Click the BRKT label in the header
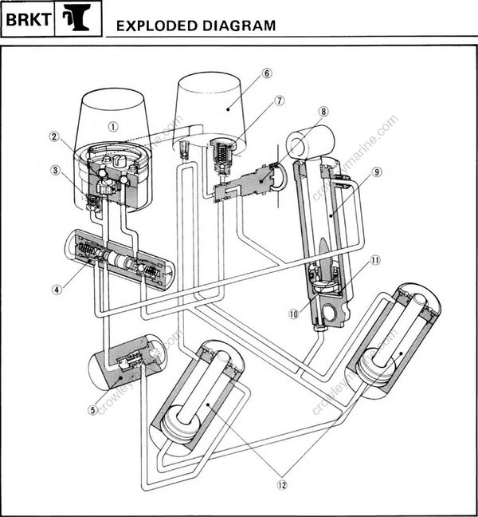tap(27, 24)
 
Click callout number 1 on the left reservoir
tap(114, 125)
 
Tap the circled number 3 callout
tap(54, 170)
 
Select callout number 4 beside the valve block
tap(56, 290)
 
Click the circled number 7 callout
tap(280, 101)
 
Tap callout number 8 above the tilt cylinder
tap(323, 112)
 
